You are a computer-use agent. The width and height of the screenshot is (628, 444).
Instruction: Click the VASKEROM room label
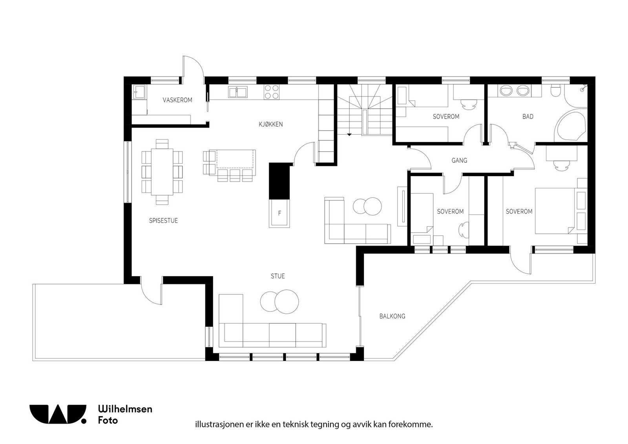177,100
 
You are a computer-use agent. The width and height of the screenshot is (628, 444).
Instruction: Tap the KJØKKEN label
271,124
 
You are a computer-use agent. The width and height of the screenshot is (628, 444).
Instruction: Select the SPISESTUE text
163,220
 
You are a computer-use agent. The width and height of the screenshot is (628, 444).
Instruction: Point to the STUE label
277,276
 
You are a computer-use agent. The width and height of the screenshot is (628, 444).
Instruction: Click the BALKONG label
392,316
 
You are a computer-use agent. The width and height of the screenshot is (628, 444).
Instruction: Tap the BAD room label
528,116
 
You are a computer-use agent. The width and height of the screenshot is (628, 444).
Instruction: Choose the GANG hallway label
459,160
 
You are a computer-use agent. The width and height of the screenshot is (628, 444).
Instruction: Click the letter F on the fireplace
279,213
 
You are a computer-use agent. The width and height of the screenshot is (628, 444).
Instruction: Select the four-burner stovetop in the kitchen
272,92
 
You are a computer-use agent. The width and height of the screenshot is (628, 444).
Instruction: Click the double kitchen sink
238,92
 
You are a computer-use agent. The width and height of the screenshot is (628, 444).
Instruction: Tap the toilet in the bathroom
555,91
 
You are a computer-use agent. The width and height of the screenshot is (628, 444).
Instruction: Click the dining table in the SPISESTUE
162,171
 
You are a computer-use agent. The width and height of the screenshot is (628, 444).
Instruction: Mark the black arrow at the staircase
349,135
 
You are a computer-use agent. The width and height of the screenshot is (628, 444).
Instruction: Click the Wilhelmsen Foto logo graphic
58,414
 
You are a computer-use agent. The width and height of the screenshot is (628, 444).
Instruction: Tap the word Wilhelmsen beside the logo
125,409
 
